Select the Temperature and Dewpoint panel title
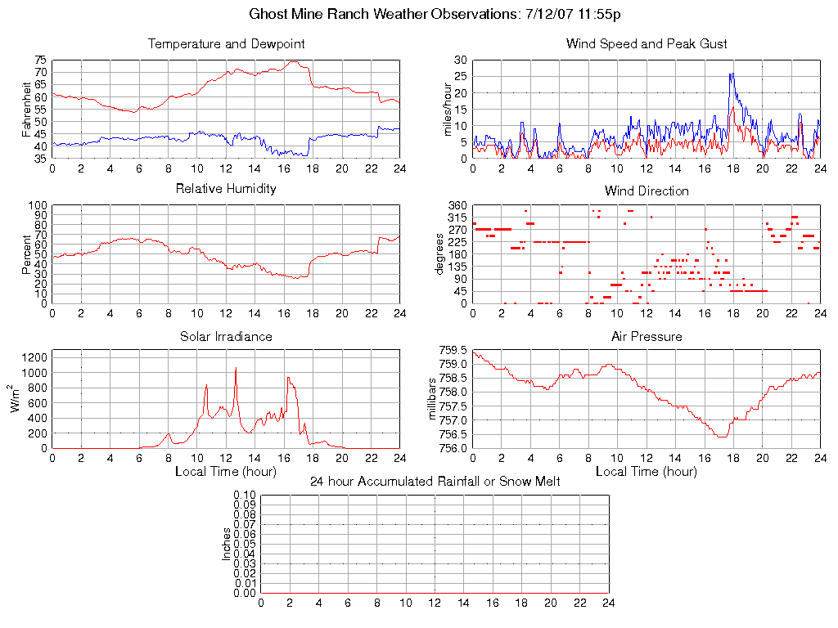[x=226, y=43]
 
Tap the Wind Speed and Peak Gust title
[x=647, y=43]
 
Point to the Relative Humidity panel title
[x=226, y=189]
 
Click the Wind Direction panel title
[x=647, y=191]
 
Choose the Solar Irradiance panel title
[x=226, y=336]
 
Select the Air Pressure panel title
[x=647, y=336]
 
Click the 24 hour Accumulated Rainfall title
[x=435, y=482]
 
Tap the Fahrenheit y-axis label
[x=26, y=110]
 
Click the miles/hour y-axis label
[x=447, y=110]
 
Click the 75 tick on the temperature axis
[x=40, y=61]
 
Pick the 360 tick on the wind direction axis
[x=456, y=206]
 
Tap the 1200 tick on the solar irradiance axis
[x=35, y=357]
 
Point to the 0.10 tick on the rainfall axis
[x=245, y=496]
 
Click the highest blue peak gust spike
[x=732, y=74]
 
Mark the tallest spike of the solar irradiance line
[x=236, y=368]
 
